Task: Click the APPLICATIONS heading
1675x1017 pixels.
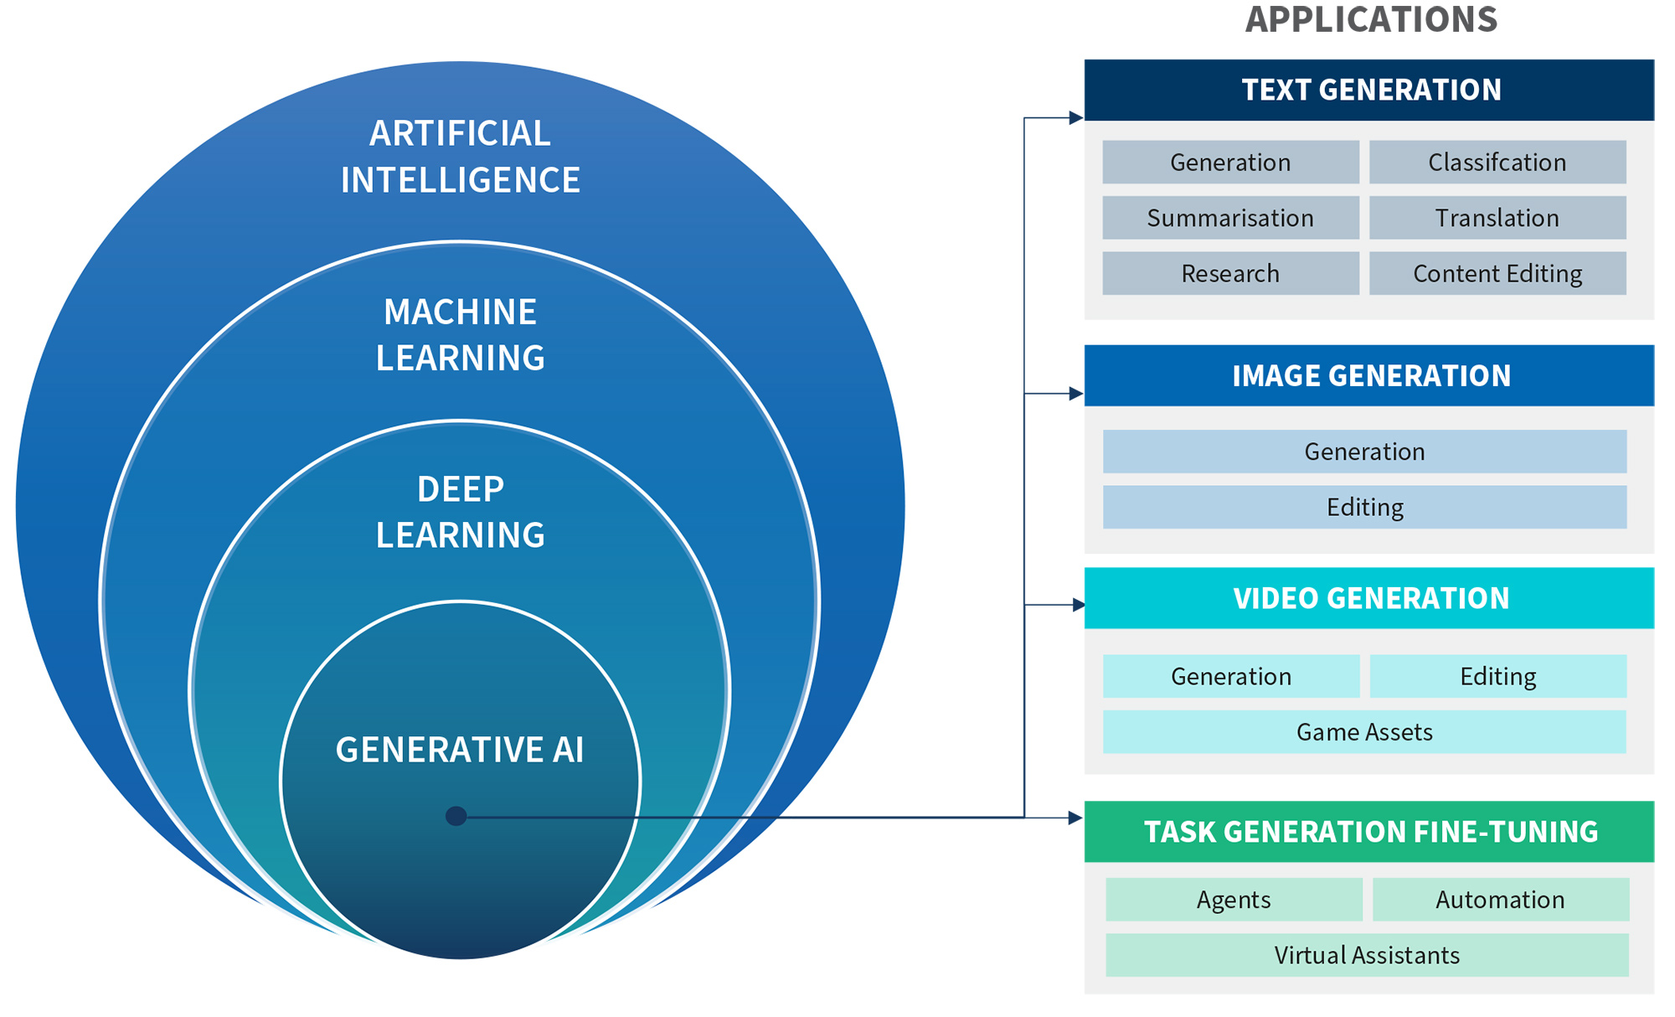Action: (x=1370, y=19)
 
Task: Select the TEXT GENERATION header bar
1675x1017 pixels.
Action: (x=1368, y=90)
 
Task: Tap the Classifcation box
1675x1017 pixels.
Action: (x=1497, y=162)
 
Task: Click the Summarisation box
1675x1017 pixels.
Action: (x=1229, y=218)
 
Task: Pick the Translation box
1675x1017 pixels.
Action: (x=1497, y=218)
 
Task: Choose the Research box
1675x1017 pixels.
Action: (x=1229, y=273)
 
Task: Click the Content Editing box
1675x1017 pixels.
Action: (x=1497, y=273)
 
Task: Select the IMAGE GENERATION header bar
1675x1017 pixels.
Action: (x=1368, y=375)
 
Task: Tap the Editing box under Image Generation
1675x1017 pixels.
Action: (x=1364, y=507)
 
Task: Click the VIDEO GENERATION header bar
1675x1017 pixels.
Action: (x=1368, y=598)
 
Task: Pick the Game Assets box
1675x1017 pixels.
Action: (x=1364, y=731)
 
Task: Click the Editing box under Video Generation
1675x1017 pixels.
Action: (x=1497, y=676)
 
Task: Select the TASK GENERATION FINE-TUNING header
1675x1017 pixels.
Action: (x=1368, y=831)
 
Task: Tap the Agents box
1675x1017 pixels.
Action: (x=1233, y=899)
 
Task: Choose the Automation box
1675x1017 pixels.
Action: (x=1500, y=899)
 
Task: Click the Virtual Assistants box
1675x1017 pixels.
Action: (x=1366, y=955)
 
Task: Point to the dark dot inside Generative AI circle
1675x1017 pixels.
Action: (x=456, y=816)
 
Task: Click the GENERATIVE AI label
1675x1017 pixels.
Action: (x=460, y=750)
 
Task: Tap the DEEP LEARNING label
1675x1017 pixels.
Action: (x=460, y=512)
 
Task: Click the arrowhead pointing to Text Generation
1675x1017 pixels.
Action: (x=1076, y=118)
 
